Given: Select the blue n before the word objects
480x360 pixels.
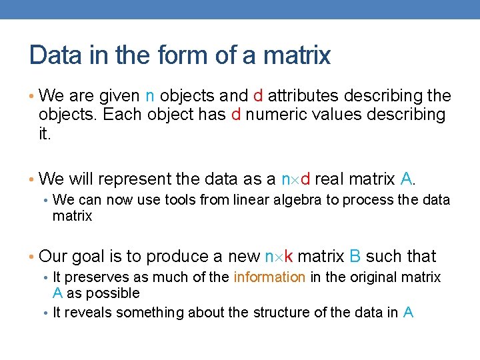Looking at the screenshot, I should pos(149,95).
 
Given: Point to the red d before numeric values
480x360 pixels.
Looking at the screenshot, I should pos(235,115).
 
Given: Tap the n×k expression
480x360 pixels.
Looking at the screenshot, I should pos(281,257).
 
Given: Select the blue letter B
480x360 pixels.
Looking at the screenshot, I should pos(355,257).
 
